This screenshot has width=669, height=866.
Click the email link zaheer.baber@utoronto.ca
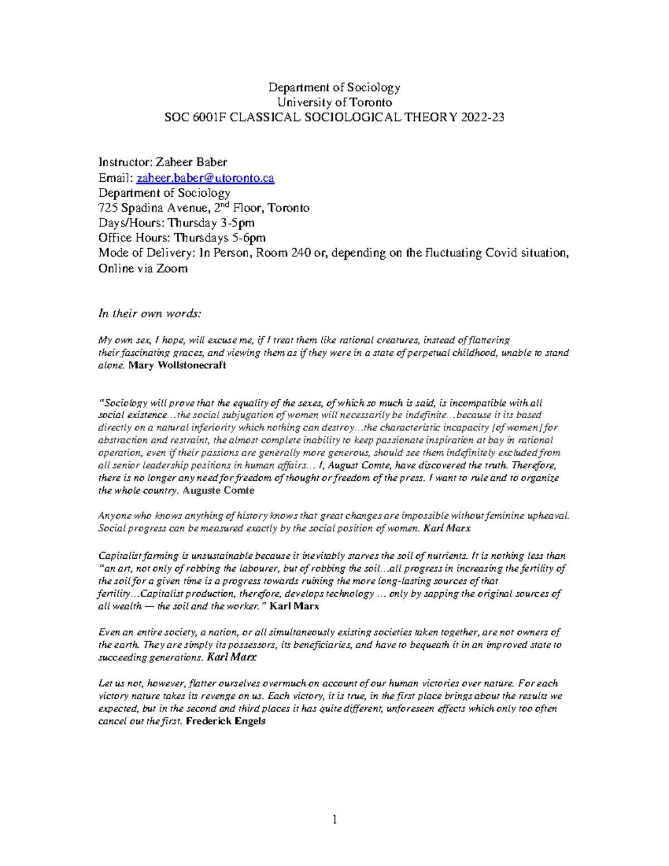(205, 178)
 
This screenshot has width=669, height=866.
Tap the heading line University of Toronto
(334, 102)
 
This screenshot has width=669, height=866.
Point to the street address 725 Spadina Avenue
(149, 208)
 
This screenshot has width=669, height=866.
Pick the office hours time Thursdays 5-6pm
(220, 238)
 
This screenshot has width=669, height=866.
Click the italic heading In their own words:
(149, 313)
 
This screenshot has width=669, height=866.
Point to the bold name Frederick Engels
(225, 721)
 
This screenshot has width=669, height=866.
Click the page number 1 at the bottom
(334, 820)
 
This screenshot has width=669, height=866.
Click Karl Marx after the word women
(447, 528)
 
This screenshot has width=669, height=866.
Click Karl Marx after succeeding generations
(231, 657)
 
